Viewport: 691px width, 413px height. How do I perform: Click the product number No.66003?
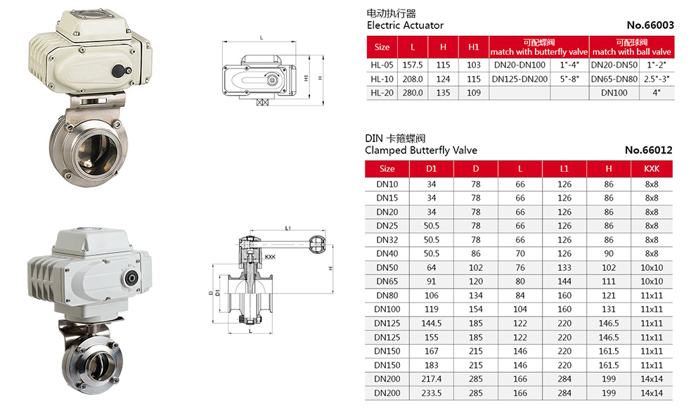(x=650, y=25)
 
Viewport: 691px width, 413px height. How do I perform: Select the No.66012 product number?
(x=648, y=150)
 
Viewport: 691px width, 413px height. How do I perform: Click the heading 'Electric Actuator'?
(x=405, y=25)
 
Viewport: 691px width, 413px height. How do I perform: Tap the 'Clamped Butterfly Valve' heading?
(x=421, y=150)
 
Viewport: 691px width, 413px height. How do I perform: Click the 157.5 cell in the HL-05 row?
(x=413, y=65)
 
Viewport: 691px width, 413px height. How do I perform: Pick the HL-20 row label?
(x=382, y=93)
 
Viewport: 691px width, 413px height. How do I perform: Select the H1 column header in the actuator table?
(x=474, y=47)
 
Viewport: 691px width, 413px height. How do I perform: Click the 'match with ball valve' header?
(x=631, y=51)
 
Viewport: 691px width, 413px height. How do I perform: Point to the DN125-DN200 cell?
(x=519, y=79)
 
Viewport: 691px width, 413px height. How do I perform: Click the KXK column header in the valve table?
(x=652, y=169)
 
